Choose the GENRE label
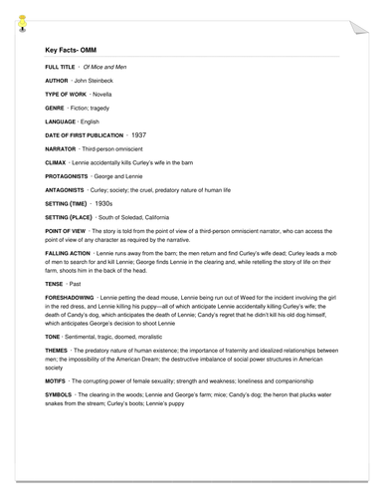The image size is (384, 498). pos(56,105)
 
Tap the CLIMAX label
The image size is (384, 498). pos(57,160)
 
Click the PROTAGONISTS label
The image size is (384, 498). pos(69,174)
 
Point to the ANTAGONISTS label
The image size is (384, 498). pos(67,188)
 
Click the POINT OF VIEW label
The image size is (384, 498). pos(66,229)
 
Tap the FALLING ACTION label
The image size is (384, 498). pos(68,254)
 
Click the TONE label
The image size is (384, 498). pos(54,337)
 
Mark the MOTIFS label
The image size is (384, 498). pos(56,380)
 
